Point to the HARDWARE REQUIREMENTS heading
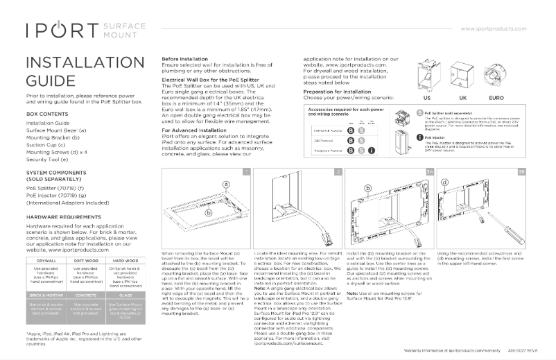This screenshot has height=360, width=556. coord(63,217)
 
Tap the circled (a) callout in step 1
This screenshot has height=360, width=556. coord(225,185)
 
